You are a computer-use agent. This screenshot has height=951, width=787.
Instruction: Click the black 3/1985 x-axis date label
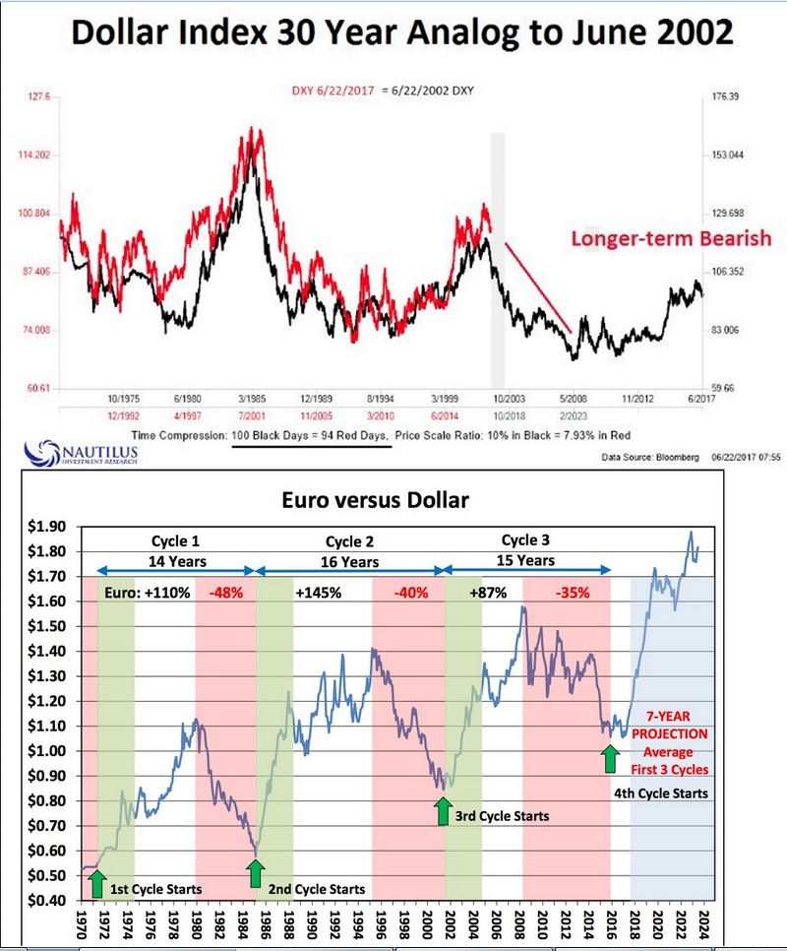[250, 399]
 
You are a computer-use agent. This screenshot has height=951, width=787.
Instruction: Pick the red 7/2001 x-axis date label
[250, 416]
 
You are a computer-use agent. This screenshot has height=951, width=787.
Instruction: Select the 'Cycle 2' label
[350, 541]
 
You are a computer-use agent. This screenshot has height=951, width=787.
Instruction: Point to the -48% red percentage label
[223, 594]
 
